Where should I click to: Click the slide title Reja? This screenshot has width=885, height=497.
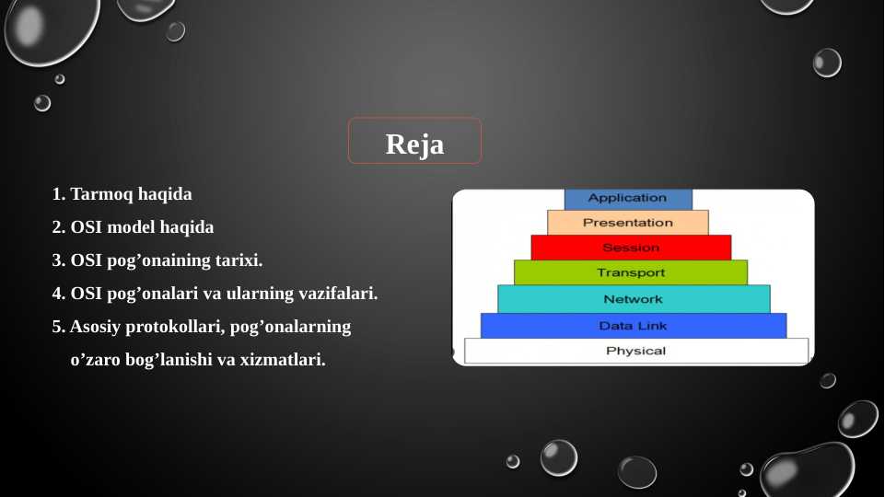pos(414,144)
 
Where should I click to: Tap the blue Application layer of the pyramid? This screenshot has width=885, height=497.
pos(628,199)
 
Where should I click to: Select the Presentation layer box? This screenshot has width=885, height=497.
pos(628,222)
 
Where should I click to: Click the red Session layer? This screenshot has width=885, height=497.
pos(631,248)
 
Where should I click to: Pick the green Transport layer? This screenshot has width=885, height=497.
pos(631,272)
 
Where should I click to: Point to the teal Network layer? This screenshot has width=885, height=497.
pos(634,299)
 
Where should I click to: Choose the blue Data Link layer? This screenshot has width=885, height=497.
pos(634,326)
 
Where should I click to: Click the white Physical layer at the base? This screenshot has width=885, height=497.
pos(636,351)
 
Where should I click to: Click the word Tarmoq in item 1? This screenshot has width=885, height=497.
pos(101,194)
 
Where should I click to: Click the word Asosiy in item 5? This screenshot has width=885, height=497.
pos(95,328)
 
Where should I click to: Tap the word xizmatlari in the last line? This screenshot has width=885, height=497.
pos(283,359)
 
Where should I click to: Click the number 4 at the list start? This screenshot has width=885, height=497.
pos(56,294)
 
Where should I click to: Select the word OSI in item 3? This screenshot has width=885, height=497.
pos(86,260)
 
